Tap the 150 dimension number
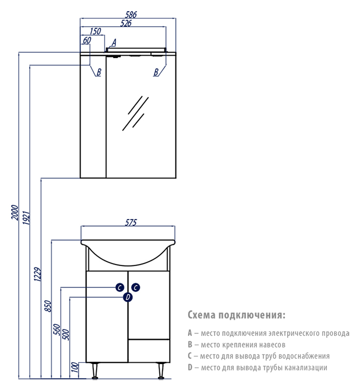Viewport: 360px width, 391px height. click(x=95, y=32)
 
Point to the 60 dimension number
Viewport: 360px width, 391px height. click(x=87, y=41)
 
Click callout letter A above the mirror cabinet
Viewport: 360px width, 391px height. click(x=114, y=43)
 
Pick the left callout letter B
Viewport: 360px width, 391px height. click(x=98, y=72)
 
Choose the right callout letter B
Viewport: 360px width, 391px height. click(x=156, y=72)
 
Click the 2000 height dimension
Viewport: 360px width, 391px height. click(x=15, y=212)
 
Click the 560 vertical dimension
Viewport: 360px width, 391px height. click(x=57, y=332)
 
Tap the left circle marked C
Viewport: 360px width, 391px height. click(x=120, y=287)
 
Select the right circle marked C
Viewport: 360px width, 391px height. click(x=136, y=287)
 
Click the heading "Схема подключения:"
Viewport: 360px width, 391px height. click(x=236, y=314)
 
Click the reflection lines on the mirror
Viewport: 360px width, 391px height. click(x=134, y=113)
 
